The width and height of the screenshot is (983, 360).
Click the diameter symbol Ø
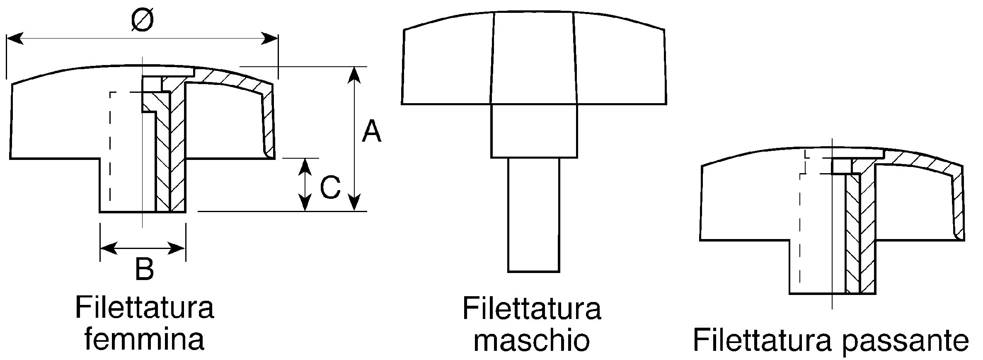click(142, 21)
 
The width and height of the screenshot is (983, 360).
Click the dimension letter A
click(371, 131)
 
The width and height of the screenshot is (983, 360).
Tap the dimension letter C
click(330, 187)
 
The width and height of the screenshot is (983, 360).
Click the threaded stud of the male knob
click(534, 215)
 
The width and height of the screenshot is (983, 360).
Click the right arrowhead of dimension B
click(177, 249)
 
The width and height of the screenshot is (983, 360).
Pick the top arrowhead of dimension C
click(305, 166)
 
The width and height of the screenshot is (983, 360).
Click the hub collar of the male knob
click(534, 130)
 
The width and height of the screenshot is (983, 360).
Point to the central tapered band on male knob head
click(534, 58)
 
